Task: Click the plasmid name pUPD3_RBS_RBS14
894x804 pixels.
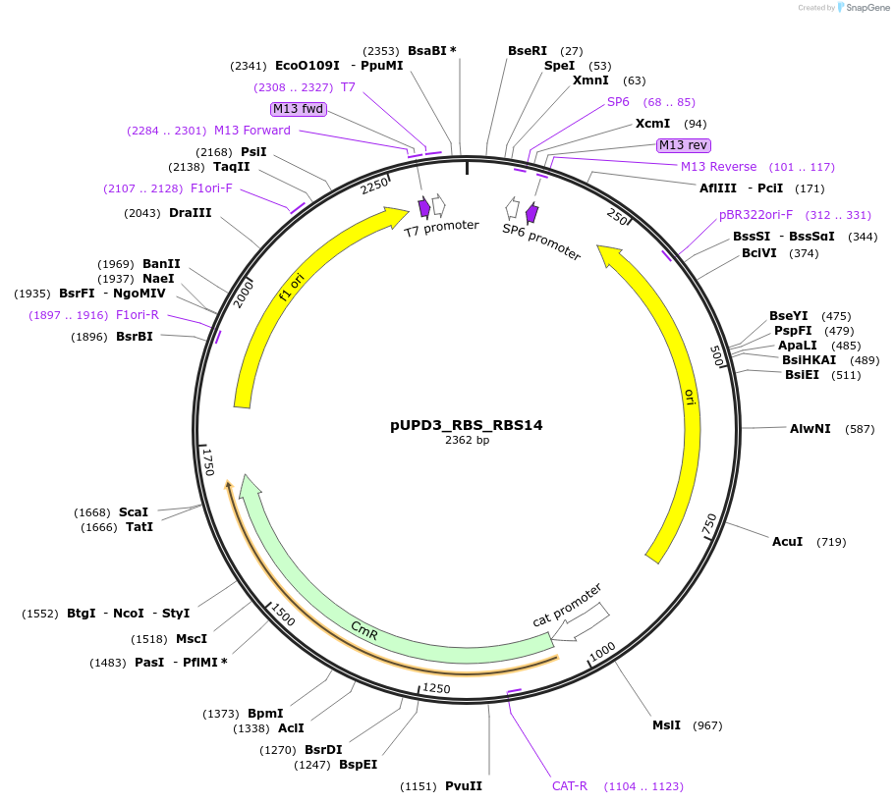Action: point(467,425)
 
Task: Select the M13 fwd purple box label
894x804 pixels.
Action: point(299,109)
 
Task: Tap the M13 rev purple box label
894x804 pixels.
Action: point(683,145)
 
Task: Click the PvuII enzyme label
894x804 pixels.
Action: point(464,786)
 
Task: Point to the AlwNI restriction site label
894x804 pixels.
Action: point(810,429)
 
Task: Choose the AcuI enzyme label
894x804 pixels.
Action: point(788,542)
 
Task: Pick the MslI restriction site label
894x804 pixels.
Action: point(666,725)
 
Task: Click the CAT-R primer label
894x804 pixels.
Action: point(570,786)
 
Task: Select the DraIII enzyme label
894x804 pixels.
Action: point(191,213)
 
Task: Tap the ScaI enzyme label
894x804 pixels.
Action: point(134,512)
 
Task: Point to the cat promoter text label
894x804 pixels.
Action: point(567,606)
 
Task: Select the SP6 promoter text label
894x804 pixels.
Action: point(541,241)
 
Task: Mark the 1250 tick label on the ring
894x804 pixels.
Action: point(436,689)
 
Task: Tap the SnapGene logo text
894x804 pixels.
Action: point(867,8)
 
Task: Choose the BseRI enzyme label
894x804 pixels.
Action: point(528,51)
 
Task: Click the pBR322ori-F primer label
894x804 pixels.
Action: point(755,215)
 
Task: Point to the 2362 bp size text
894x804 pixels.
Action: point(467,441)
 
